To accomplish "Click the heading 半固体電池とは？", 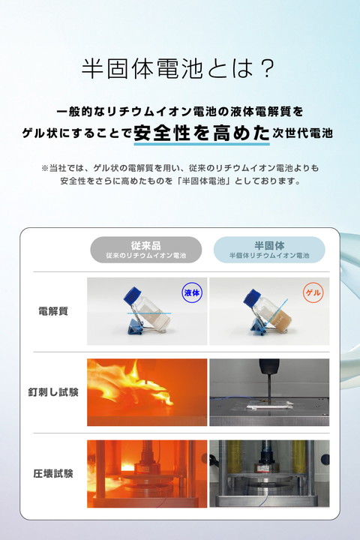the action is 178,68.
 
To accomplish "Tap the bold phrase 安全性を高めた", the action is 202,133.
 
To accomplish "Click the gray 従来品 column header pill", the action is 146,250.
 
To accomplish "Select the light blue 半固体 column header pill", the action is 269,250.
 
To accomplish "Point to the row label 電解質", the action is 53,311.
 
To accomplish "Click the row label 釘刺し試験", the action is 53,392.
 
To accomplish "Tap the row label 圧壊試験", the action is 53,473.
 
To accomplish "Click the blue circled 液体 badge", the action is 192,292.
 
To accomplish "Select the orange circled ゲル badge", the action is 313,292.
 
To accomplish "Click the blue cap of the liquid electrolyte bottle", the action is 132,295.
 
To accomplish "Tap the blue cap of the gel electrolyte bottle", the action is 252,298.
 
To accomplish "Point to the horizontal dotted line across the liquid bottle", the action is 148,313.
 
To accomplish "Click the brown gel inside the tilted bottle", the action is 280,321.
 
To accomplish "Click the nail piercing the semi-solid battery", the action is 268,390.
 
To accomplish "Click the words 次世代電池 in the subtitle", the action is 302,133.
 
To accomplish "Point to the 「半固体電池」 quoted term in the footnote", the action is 203,181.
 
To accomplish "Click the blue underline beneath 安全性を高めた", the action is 202,143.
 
